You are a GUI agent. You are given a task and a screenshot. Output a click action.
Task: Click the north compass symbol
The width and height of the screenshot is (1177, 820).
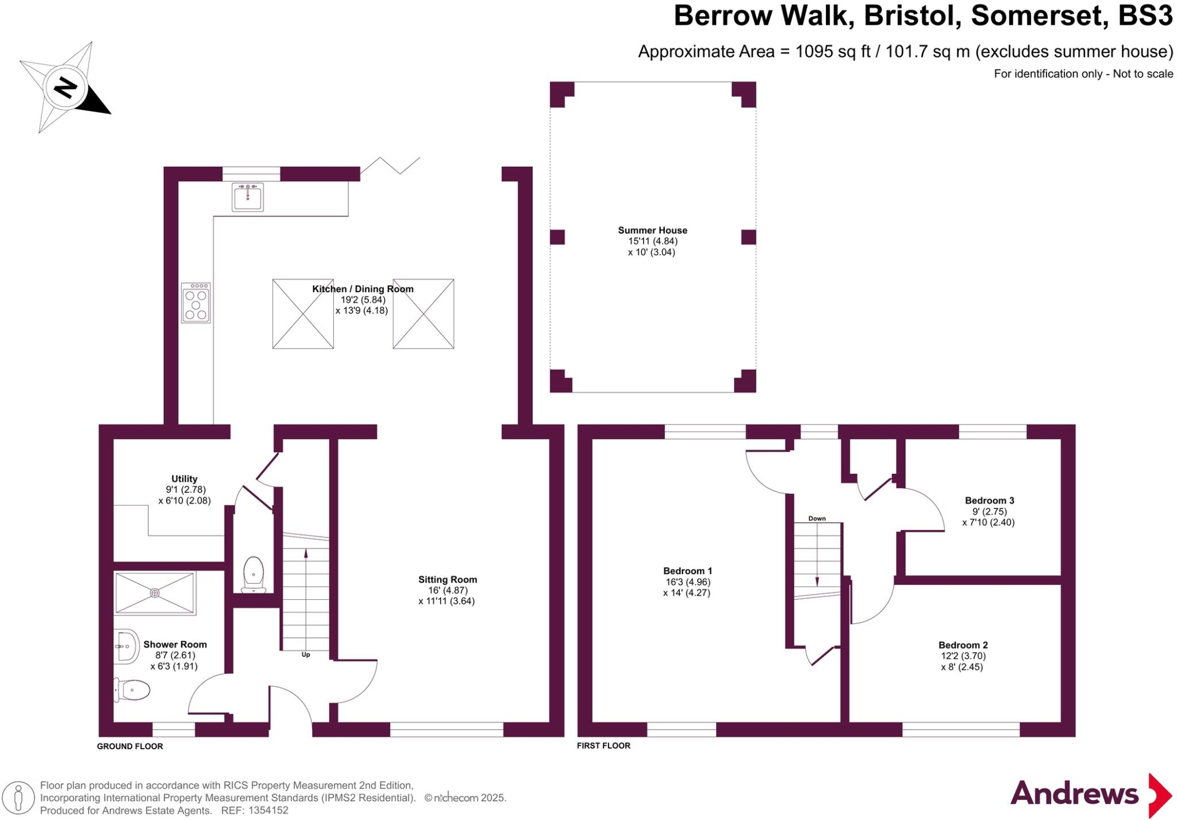coord(65,88)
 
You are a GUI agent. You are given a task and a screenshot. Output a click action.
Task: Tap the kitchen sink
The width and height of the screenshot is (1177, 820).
coord(248,197)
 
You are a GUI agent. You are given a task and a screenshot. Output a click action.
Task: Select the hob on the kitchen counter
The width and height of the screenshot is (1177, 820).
coord(195,302)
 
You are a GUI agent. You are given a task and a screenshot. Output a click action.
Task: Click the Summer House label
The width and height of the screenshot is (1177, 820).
coord(652,230)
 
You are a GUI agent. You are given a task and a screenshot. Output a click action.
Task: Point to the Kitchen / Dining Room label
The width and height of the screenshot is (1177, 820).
coord(363,289)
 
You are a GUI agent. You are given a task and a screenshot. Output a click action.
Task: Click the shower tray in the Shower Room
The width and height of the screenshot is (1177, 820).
coord(155,592)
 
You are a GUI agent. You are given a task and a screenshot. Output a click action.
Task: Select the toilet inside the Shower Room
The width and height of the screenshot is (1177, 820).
coord(133,689)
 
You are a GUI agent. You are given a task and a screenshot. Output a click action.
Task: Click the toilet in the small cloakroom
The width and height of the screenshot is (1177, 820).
coord(253,573)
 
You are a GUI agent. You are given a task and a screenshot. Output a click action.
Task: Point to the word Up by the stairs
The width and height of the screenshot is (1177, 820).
coord(306,654)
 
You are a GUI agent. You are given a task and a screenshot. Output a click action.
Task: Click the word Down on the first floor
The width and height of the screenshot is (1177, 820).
coord(817,518)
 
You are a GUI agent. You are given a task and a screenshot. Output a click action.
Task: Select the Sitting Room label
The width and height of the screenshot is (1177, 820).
coord(447,580)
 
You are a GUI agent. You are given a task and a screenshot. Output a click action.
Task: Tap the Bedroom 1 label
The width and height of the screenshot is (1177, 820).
coord(687,571)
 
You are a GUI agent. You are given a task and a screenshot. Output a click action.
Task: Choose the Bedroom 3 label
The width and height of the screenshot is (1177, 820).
coord(989,500)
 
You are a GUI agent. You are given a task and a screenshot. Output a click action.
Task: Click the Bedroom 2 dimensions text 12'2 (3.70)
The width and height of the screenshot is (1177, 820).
coord(962,656)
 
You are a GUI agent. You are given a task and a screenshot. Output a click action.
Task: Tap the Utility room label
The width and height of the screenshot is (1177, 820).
coord(184,478)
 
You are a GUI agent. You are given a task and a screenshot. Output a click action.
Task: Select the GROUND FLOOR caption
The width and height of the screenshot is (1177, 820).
coord(130,746)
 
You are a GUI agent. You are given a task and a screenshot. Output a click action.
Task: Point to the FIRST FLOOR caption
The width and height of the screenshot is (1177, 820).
coord(603,746)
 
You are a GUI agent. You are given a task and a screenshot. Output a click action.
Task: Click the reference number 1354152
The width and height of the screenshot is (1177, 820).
coord(268,810)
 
